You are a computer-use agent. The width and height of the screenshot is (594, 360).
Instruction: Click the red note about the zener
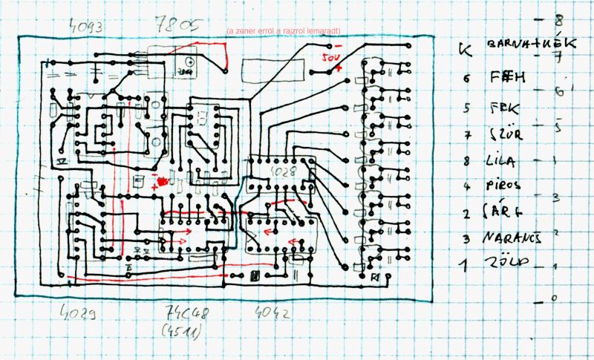point(284,32)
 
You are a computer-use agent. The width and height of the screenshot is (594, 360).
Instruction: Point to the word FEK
point(506,107)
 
